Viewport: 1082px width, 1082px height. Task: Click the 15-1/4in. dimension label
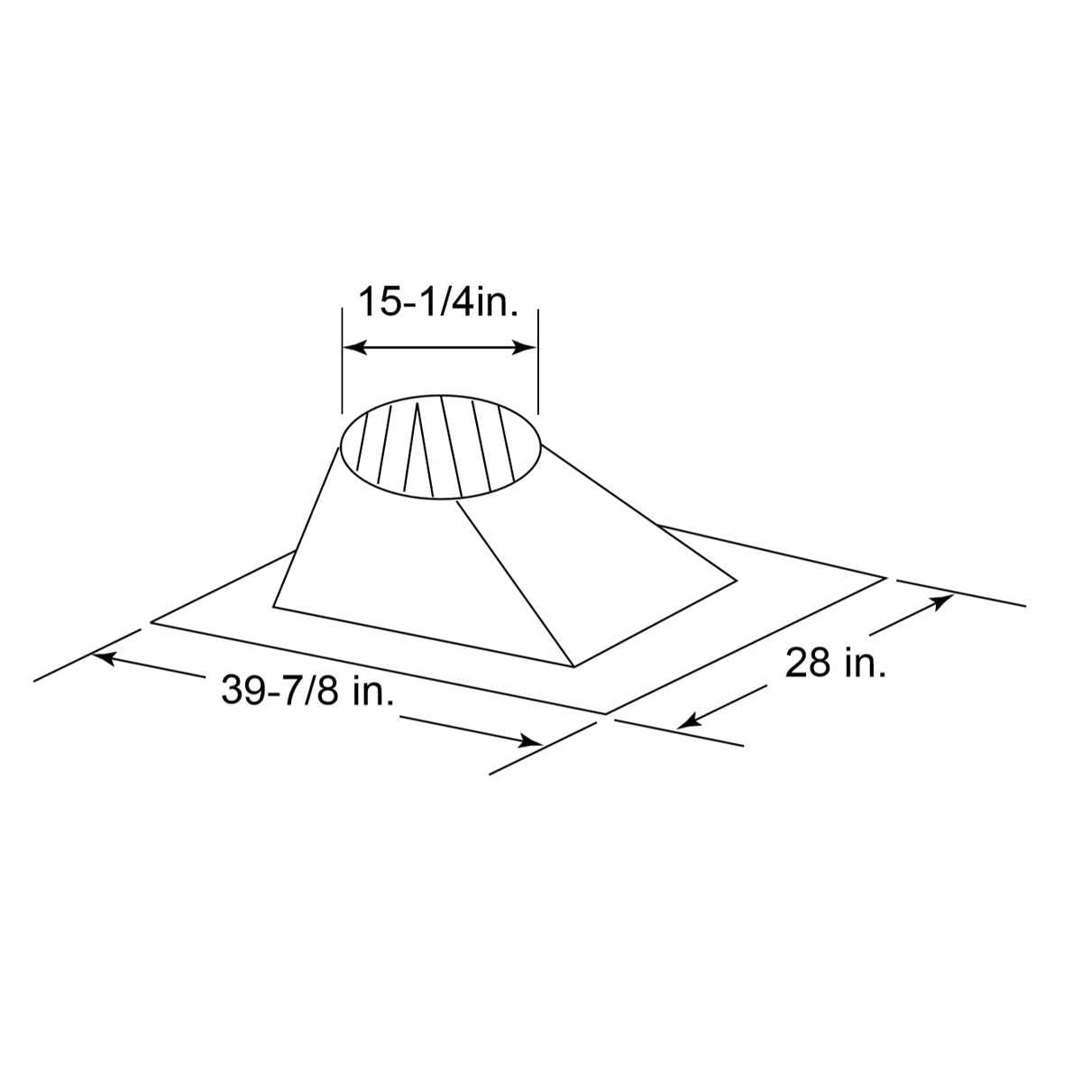click(x=439, y=301)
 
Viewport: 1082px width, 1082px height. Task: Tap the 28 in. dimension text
click(x=836, y=664)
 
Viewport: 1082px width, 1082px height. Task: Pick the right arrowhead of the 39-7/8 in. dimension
click(x=531, y=742)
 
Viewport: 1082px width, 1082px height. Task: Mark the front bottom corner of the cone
click(x=573, y=667)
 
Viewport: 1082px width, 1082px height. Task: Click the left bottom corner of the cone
click(x=273, y=606)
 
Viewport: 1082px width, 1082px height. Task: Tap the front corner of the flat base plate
click(x=605, y=713)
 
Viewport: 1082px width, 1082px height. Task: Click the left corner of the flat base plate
click(x=152, y=620)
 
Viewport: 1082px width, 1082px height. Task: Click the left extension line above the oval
click(x=343, y=361)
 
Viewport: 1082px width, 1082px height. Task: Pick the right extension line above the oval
click(x=538, y=361)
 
